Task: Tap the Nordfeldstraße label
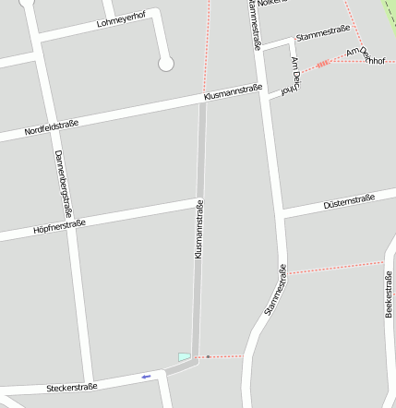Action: (51, 126)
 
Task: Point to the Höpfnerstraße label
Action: (58, 225)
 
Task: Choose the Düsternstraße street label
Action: (349, 201)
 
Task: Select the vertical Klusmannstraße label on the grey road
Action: (198, 228)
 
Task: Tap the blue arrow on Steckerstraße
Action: (146, 377)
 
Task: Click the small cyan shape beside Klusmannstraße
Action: (185, 356)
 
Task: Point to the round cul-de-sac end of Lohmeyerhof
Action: (166, 63)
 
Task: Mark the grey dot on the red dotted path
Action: (209, 356)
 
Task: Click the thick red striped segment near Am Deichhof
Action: (321, 64)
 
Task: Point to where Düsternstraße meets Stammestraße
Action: (282, 213)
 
